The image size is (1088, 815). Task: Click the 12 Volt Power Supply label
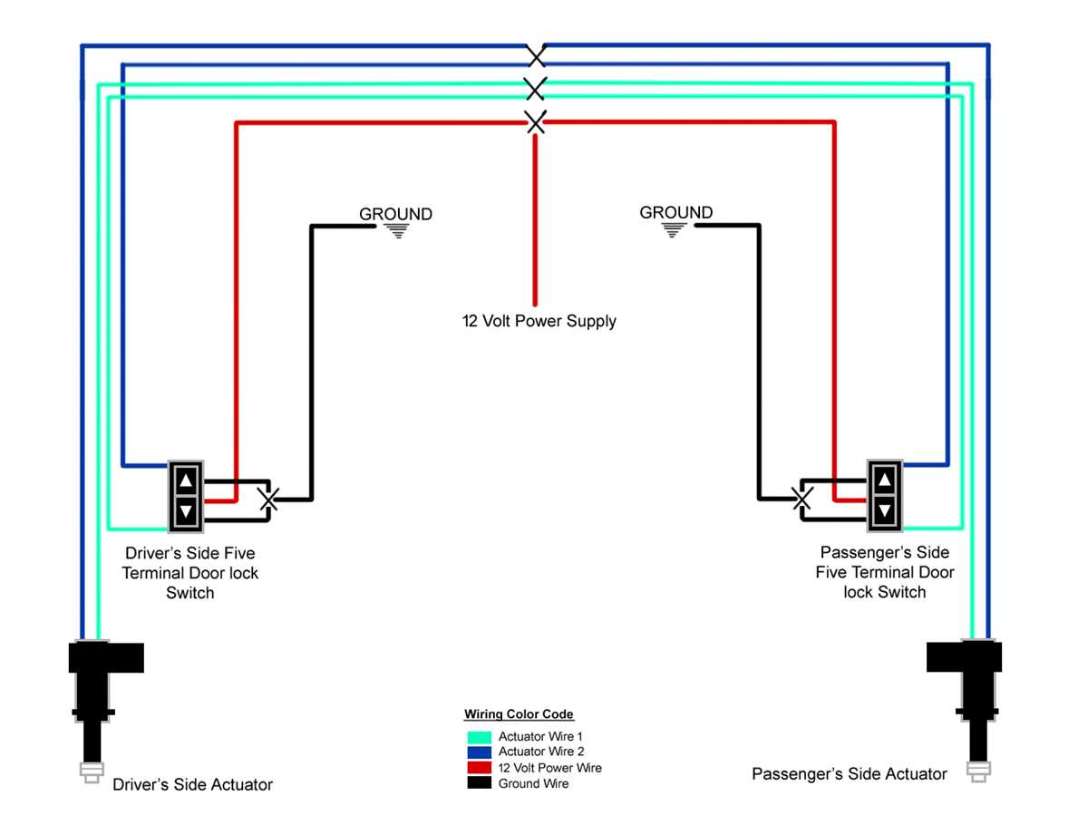[x=539, y=321]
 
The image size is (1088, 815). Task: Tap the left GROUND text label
[x=395, y=214]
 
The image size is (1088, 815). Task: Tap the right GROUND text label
[x=675, y=212]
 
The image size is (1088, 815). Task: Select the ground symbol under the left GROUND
[x=396, y=230]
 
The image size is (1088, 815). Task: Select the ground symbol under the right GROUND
[x=672, y=230]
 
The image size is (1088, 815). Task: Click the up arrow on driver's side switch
[x=186, y=480]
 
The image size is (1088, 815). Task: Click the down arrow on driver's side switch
[x=186, y=511]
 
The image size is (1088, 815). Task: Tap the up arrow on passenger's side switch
[x=884, y=478]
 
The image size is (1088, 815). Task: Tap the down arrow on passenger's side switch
[x=884, y=509]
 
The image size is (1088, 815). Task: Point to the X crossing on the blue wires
[x=537, y=56]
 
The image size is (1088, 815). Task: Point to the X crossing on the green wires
[x=536, y=88]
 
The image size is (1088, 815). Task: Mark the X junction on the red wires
[x=536, y=121]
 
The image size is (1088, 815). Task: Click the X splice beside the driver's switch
[x=267, y=500]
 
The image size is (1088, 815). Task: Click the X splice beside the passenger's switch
[x=801, y=498]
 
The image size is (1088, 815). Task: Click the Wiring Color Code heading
[x=519, y=714]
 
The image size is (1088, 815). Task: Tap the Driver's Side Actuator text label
[x=192, y=784]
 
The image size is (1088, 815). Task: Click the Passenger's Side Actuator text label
[x=849, y=773]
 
